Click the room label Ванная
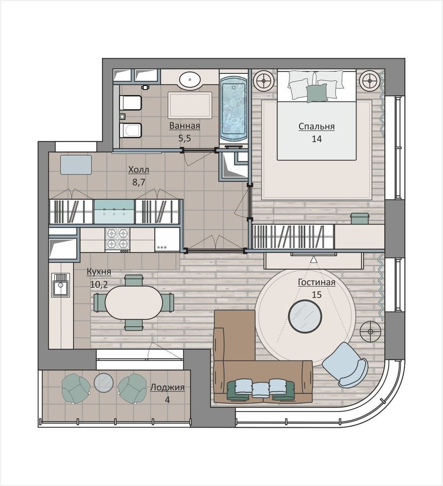click(x=185, y=126)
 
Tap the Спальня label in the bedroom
click(x=317, y=126)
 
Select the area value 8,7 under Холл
click(x=139, y=182)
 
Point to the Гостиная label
click(x=317, y=282)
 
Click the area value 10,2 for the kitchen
click(x=99, y=284)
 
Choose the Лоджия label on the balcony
click(x=167, y=387)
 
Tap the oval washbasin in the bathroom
click(x=190, y=80)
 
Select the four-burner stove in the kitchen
click(x=118, y=239)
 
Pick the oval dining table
click(x=134, y=302)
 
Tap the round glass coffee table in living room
click(x=305, y=316)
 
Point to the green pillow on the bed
click(x=317, y=93)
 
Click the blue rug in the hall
click(x=76, y=165)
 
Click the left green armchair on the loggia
click(x=76, y=388)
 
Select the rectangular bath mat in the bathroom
click(x=190, y=105)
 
